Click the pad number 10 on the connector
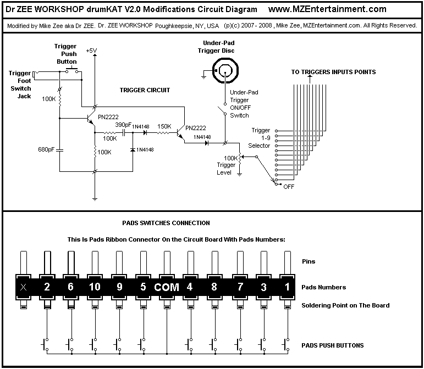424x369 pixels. coord(95,287)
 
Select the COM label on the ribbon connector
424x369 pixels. coord(167,287)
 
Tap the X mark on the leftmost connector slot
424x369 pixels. coord(24,287)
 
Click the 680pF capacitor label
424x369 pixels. coord(46,149)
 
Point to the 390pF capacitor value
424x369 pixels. coord(123,125)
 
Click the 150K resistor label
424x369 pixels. coord(164,126)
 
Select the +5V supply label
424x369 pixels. coord(91,51)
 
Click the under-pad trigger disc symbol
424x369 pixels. coord(225,71)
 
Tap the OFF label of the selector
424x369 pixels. coord(289,187)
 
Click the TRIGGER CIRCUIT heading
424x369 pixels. coord(145,90)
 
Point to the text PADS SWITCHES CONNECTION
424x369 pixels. coord(166,223)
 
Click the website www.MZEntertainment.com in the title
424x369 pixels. coord(327,9)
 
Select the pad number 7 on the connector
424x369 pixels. coord(240,287)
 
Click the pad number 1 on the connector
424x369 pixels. coord(288,287)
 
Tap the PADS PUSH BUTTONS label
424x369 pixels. coord(333,345)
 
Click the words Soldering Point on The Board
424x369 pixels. coord(345,305)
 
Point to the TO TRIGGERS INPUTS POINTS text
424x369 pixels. coord(333,72)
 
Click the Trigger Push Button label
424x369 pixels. coord(66,54)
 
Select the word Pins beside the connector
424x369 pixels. coord(309,261)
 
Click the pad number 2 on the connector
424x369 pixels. coord(47,287)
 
